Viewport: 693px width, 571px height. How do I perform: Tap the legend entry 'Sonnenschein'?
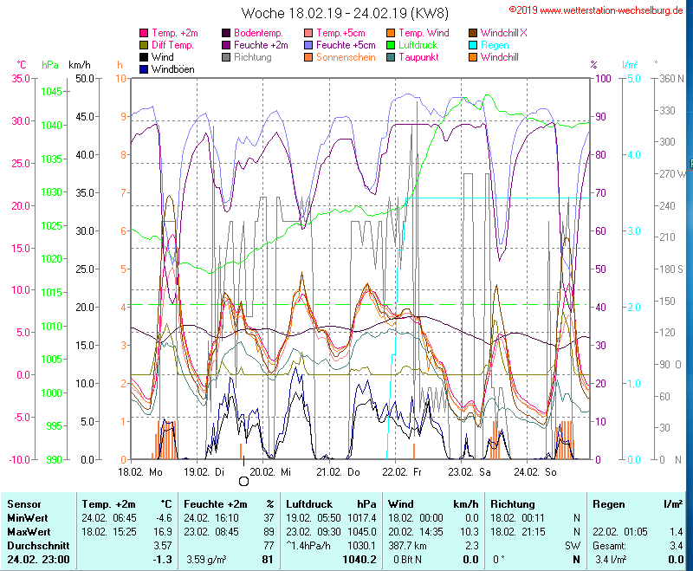[x=346, y=57]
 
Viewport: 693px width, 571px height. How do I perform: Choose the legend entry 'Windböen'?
[x=172, y=69]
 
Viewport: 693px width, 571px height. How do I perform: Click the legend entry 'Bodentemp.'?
[x=259, y=33]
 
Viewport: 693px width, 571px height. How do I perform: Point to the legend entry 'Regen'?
[x=495, y=45]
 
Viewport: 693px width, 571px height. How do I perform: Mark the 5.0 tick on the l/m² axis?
[x=633, y=79]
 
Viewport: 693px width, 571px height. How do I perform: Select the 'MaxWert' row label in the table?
[x=29, y=531]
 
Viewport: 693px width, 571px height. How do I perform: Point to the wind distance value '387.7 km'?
[x=410, y=546]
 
